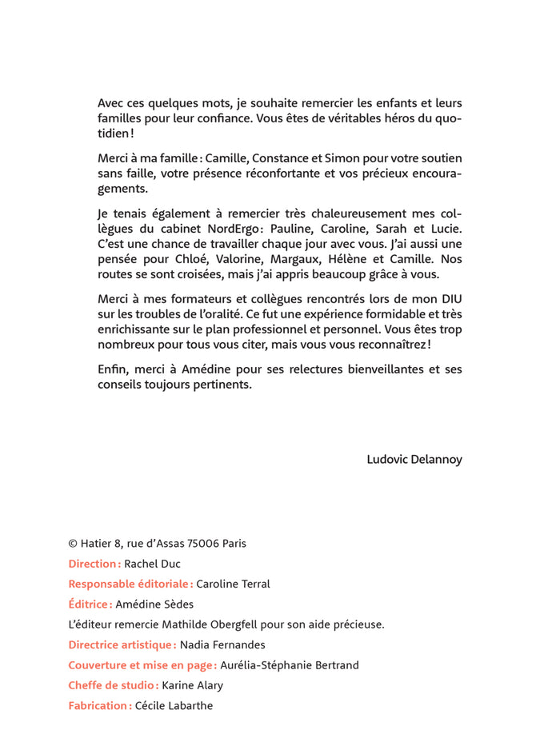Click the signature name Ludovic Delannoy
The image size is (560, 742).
414,460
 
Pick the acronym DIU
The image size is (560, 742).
450,298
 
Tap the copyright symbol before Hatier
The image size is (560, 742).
73,544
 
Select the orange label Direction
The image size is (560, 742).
94,564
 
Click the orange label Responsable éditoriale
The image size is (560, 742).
130,584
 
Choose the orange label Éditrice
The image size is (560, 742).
89,604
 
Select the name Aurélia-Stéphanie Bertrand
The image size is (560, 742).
290,665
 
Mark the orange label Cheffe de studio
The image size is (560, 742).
113,685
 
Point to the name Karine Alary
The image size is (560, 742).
193,685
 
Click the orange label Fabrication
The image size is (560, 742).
99,706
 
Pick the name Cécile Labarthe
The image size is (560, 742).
174,706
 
